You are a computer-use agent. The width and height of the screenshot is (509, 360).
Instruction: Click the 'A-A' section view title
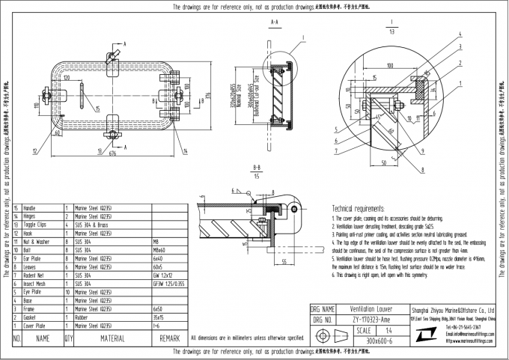click(274, 24)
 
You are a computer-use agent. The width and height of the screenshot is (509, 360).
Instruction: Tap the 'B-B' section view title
click(257, 170)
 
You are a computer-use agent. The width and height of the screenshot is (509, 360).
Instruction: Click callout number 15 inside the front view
click(97, 109)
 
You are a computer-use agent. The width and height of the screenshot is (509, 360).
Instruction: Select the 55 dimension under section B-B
click(286, 262)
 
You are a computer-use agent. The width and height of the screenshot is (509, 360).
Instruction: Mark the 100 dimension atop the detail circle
click(391, 66)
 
